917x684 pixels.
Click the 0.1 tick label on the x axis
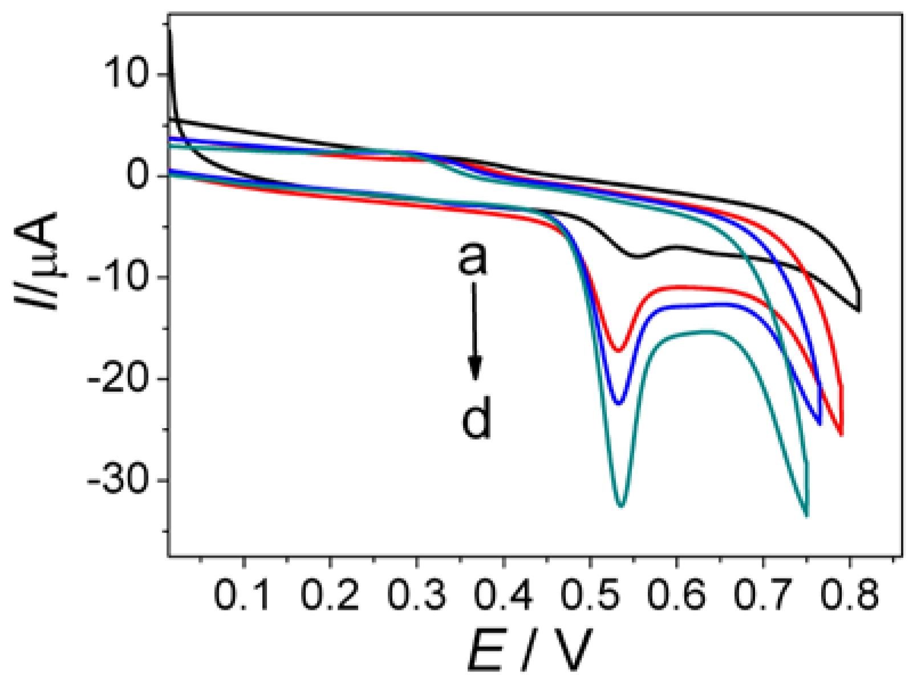(x=242, y=596)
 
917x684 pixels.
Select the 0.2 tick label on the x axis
(x=329, y=596)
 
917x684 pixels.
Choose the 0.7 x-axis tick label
(x=762, y=596)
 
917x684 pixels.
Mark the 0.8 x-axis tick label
(x=849, y=596)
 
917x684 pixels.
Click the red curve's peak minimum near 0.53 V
(x=618, y=350)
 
